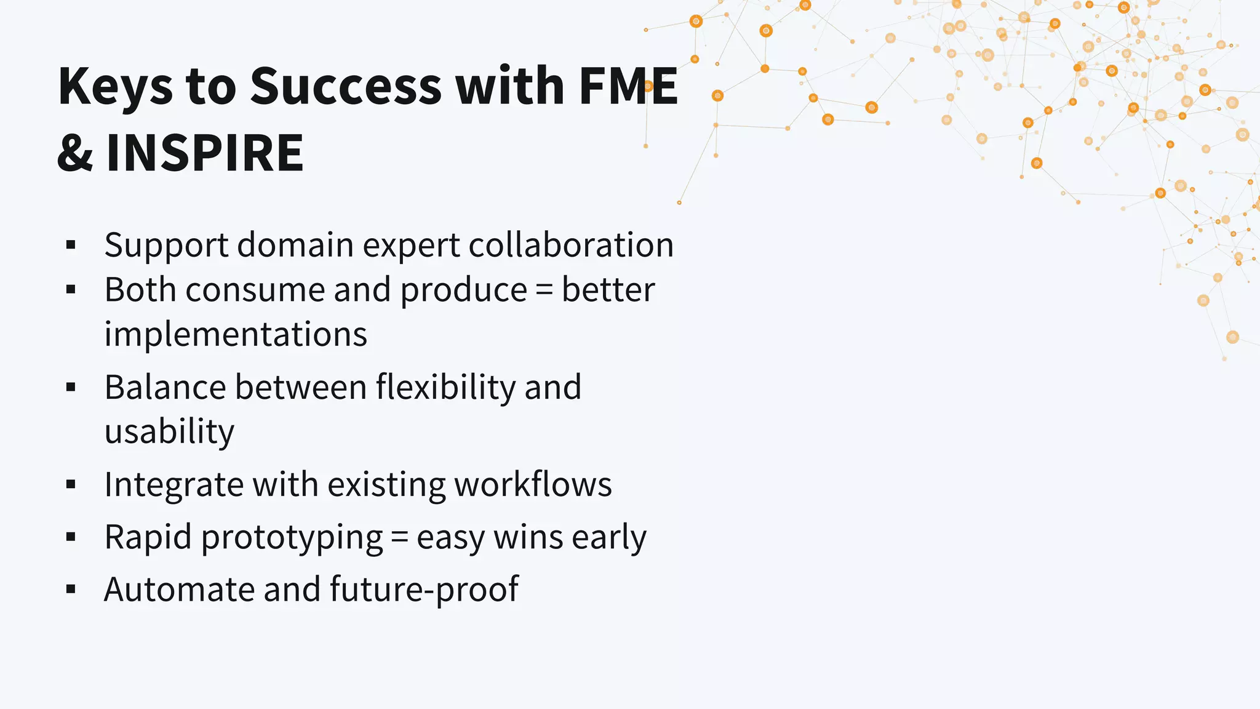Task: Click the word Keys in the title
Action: click(x=116, y=87)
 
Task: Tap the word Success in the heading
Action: click(x=346, y=86)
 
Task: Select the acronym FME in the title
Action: click(x=628, y=86)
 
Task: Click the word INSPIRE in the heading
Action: click(x=205, y=153)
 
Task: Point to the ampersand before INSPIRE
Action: click(x=75, y=154)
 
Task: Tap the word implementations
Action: click(x=236, y=335)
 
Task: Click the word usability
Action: click(x=169, y=432)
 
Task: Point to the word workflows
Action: click(x=533, y=484)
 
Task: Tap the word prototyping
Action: click(x=292, y=538)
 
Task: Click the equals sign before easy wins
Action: click(x=399, y=538)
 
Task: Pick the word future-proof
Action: click(x=424, y=590)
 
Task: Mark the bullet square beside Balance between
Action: click(x=71, y=387)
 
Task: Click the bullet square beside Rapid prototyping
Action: click(x=71, y=537)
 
